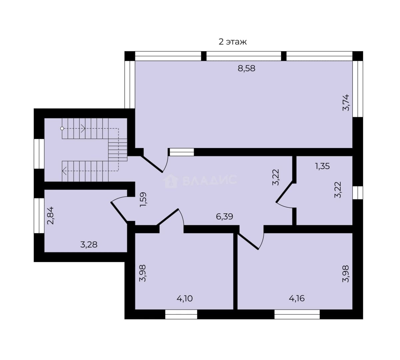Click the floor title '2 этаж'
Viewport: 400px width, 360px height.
tap(232, 42)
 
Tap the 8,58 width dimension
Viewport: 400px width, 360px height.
tap(246, 68)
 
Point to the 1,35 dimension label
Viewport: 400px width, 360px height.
tap(322, 166)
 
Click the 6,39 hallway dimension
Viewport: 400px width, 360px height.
tap(224, 216)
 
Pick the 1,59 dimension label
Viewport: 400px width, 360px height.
tap(143, 199)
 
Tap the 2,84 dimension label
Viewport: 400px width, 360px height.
tap(50, 216)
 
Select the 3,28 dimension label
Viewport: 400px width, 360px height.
tap(89, 245)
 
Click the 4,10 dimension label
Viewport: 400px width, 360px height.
tap(185, 299)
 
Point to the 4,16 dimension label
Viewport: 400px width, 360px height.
tap(297, 299)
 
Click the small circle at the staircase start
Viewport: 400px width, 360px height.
tap(62, 129)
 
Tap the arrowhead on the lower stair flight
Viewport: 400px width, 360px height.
tap(64, 171)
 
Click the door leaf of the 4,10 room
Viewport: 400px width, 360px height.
tap(168, 217)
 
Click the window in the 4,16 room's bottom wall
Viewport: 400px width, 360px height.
tap(297, 314)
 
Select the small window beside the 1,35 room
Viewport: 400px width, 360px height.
tap(358, 193)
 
